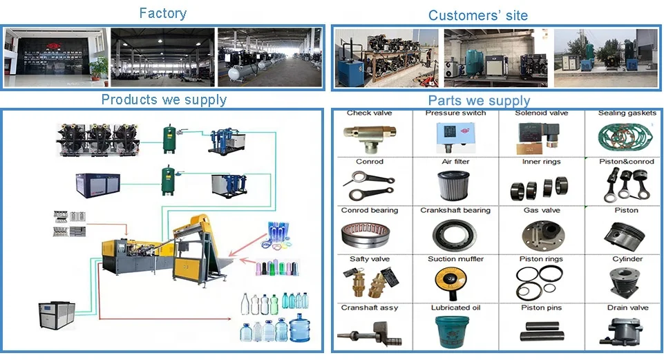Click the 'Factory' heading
tap(162, 13)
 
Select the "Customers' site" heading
tap(477, 15)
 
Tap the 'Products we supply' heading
tap(164, 100)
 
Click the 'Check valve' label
tap(368, 113)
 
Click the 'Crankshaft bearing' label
tap(455, 210)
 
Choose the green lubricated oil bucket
tap(455, 331)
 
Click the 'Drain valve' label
tap(627, 307)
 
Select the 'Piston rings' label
tap(541, 259)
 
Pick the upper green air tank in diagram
tap(169, 138)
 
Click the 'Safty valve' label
tap(369, 259)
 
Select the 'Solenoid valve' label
tap(541, 113)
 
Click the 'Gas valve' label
tap(540, 210)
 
